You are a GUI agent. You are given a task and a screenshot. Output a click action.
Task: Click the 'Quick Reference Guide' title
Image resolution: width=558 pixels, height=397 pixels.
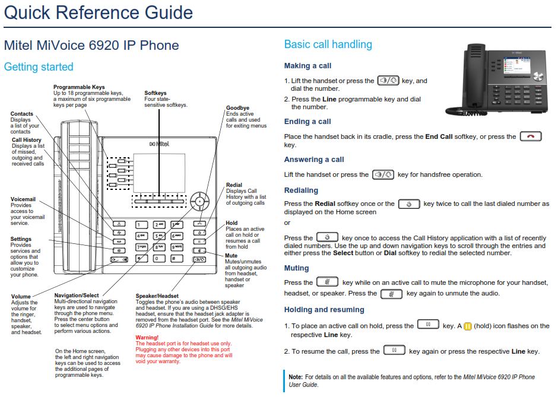[x=98, y=13]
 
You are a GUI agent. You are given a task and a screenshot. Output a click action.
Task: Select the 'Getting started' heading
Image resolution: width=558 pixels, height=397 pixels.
[x=39, y=67]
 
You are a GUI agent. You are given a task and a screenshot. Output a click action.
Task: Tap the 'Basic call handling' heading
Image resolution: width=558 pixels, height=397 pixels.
[x=328, y=45]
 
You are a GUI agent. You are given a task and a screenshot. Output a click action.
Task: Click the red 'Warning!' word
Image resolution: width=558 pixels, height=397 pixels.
[x=147, y=338]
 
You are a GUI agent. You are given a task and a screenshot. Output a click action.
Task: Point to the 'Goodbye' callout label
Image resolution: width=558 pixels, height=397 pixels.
[x=237, y=108]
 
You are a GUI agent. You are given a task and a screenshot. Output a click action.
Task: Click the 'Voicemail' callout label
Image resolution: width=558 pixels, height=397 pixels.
[x=23, y=199]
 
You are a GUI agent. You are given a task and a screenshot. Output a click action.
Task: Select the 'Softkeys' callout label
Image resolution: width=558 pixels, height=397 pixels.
[x=155, y=93]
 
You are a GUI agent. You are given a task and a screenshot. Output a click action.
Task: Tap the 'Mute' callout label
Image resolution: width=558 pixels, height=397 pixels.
[x=231, y=255]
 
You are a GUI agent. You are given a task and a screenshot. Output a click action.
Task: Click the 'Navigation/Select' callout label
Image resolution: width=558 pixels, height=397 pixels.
[x=77, y=296]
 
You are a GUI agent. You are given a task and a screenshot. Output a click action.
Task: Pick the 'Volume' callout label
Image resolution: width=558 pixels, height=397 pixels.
[x=21, y=296]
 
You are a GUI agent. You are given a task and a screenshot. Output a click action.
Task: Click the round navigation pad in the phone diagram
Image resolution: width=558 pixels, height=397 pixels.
[x=199, y=202]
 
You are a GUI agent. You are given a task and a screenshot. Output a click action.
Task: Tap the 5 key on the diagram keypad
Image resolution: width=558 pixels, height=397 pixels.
[x=159, y=236]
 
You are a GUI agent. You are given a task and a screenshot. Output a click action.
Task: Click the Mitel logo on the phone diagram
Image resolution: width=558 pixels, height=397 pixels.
[x=159, y=144]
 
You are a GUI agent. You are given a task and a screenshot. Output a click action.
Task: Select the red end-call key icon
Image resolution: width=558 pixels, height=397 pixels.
[x=531, y=136]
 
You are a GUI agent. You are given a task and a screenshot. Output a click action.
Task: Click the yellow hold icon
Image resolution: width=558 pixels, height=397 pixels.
[x=468, y=326]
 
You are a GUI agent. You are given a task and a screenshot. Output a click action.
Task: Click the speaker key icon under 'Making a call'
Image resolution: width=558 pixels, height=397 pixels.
[x=388, y=81]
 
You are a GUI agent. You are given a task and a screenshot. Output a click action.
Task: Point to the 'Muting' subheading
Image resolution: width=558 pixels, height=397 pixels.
[x=296, y=268]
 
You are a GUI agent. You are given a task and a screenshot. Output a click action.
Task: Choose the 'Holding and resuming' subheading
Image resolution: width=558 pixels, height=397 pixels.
[x=324, y=310]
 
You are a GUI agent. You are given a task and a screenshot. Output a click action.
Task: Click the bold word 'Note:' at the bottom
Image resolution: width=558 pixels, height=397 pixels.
[x=296, y=377]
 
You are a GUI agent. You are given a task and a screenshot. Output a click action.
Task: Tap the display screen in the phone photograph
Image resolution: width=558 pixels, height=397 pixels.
[x=516, y=65]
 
